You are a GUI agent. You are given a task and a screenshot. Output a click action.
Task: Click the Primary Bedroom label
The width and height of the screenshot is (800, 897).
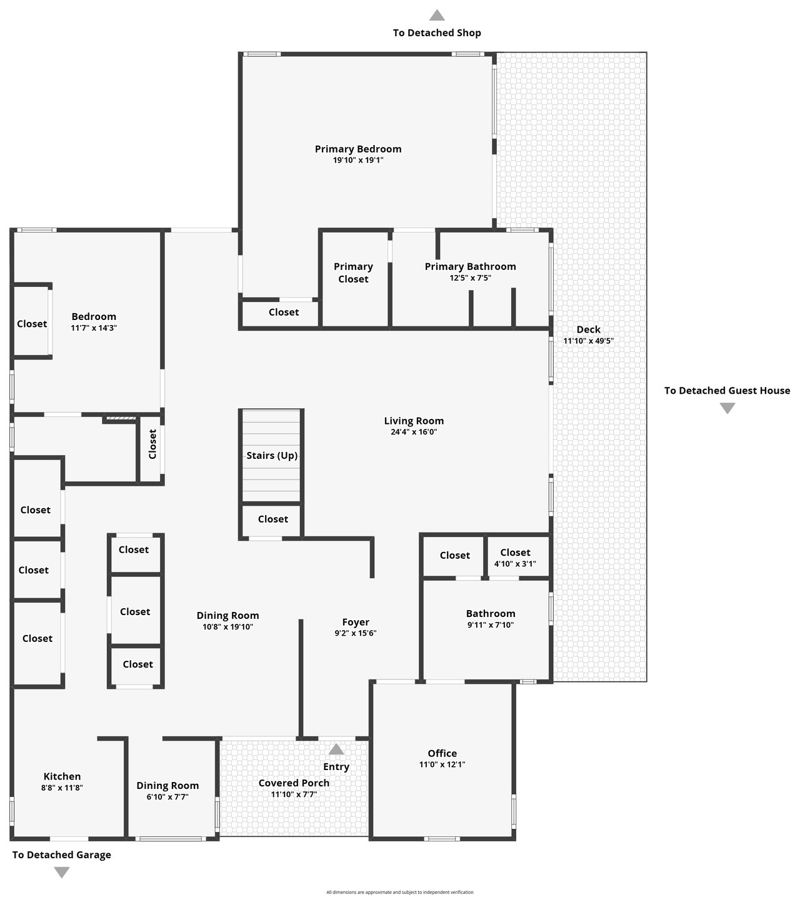[x=357, y=149]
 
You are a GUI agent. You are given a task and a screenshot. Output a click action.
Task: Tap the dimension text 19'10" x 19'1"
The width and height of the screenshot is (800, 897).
[x=357, y=160]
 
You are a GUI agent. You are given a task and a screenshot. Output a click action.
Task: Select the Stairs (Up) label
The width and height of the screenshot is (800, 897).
[x=272, y=456]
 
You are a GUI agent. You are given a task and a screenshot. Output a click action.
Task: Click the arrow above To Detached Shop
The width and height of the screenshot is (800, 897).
[x=436, y=16]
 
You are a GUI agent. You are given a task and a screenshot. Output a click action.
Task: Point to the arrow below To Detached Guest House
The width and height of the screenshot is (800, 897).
[x=727, y=408]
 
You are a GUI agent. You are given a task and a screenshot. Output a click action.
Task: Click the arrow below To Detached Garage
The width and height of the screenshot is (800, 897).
[x=61, y=872]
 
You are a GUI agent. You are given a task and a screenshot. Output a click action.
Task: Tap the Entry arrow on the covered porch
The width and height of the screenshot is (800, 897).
[x=336, y=749]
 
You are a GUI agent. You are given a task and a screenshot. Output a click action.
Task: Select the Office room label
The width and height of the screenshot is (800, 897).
[x=442, y=753]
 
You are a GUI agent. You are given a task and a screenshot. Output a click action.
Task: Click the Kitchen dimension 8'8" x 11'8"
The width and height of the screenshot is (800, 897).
[x=62, y=788]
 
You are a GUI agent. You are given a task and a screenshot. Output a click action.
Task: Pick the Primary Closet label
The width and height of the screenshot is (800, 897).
[x=353, y=273]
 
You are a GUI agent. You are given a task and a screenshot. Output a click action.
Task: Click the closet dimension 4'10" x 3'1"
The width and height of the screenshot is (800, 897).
[x=515, y=564]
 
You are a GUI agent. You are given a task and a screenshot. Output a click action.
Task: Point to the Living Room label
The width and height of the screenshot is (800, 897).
[x=414, y=421]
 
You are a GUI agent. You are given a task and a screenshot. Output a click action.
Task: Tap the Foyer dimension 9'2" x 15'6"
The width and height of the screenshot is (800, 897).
[x=355, y=633]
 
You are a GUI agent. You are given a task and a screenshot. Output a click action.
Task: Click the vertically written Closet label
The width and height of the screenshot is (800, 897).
[x=152, y=444]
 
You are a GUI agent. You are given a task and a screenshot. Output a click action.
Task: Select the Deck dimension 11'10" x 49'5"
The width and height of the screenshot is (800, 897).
[x=588, y=341]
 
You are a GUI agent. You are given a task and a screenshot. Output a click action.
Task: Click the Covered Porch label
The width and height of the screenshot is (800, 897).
[x=294, y=783]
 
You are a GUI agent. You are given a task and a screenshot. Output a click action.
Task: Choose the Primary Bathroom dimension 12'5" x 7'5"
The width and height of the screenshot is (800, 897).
[x=470, y=278]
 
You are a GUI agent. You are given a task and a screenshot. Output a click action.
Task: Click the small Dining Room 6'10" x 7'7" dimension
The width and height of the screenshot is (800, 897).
[x=167, y=797]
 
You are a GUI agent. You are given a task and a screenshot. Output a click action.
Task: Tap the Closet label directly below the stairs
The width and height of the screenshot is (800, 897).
[x=272, y=519]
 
